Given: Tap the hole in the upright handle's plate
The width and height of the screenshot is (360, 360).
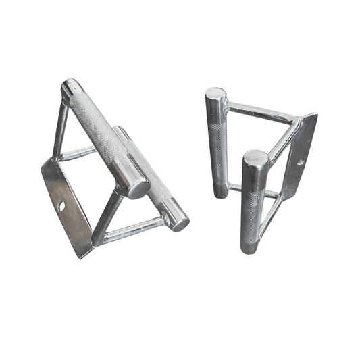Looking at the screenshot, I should pos(302,162).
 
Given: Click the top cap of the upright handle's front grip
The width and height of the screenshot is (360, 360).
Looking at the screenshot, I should pos(255,160).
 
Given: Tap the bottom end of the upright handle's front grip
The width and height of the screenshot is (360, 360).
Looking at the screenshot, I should pos(250,248).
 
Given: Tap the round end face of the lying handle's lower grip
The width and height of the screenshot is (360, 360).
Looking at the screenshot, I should pos(179,221).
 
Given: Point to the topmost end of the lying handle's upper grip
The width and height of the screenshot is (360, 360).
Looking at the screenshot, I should pos(70,89).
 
